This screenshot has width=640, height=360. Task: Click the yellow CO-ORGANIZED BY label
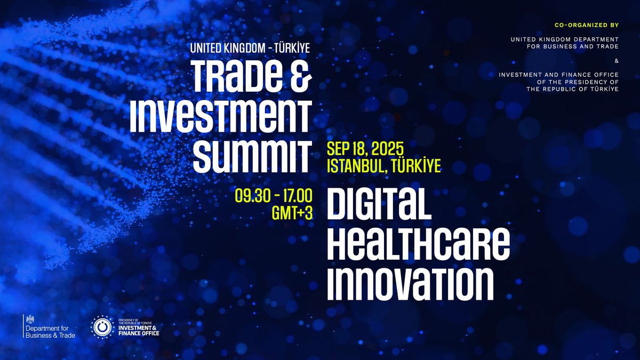pyautogui.click(x=589, y=25)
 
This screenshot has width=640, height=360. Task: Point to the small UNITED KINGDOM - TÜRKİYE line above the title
pyautogui.click(x=250, y=48)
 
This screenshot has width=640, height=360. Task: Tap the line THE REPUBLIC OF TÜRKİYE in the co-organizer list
pyautogui.click(x=572, y=89)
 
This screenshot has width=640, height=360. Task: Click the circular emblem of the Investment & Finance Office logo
pyautogui.click(x=101, y=326)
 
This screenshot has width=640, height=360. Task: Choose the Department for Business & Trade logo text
pyautogui.click(x=51, y=331)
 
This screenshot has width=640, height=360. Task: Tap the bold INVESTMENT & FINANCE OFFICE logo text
pyautogui.click(x=138, y=331)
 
